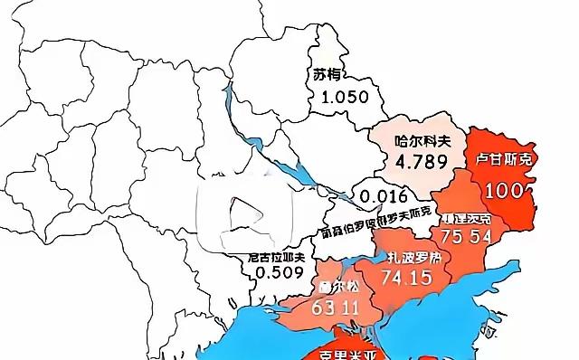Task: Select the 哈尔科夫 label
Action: tap(421, 141)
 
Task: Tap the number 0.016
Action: tap(379, 194)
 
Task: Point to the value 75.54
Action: tap(467, 237)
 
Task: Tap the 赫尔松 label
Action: tap(337, 285)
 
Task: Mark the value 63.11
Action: tap(337, 308)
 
